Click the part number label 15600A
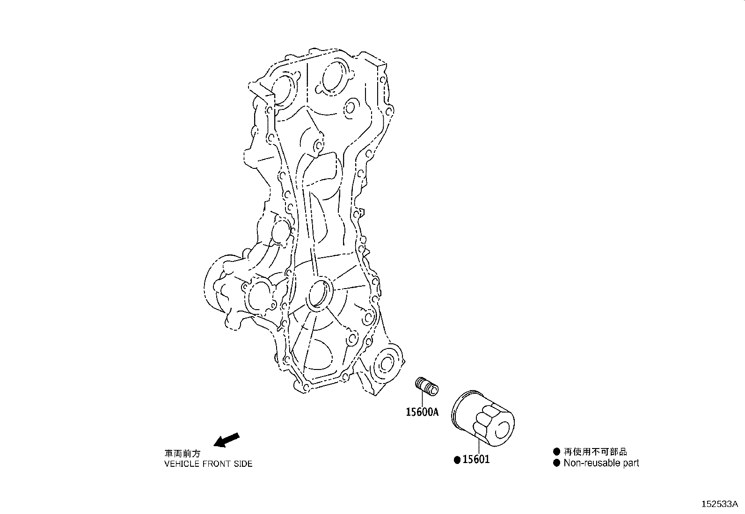tap(422, 412)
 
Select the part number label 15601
tap(476, 459)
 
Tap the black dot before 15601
tap(457, 460)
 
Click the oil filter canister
tap(482, 419)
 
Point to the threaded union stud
tap(427, 387)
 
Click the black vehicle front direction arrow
tap(226, 440)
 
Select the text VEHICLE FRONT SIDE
tap(208, 464)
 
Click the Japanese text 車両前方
tap(182, 454)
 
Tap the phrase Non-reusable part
tap(601, 463)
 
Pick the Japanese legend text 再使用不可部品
tap(595, 451)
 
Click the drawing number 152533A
tap(719, 504)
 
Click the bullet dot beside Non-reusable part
tap(556, 463)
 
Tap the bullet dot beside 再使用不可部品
tap(556, 451)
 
